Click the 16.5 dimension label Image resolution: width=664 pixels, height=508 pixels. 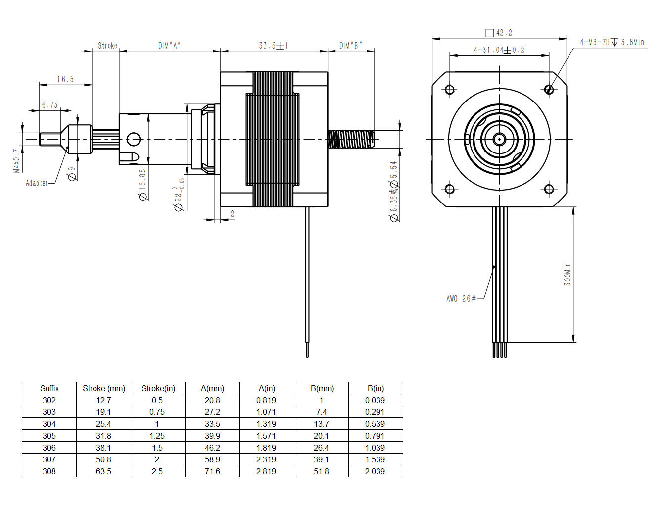[65, 79]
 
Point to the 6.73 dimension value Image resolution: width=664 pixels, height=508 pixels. [49, 105]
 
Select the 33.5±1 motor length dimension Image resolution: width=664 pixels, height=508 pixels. [273, 46]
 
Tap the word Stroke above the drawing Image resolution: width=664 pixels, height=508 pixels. [107, 46]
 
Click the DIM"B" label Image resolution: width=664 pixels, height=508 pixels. [350, 46]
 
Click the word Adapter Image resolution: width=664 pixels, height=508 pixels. [37, 183]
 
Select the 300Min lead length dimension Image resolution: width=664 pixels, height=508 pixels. [568, 274]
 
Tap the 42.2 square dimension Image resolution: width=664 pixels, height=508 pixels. [504, 33]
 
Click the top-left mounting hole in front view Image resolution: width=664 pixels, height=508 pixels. [450, 90]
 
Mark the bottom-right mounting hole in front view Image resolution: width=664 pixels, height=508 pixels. [549, 189]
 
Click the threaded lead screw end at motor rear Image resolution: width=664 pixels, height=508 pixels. [351, 139]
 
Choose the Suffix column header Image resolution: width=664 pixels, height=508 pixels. [49, 388]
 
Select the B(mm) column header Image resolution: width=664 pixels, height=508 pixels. [322, 388]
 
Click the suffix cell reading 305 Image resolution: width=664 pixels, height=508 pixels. [49, 436]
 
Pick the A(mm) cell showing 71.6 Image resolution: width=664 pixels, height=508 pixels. [212, 471]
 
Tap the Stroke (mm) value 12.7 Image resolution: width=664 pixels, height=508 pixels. [103, 400]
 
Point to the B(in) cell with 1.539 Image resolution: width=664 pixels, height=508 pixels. [375, 459]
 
